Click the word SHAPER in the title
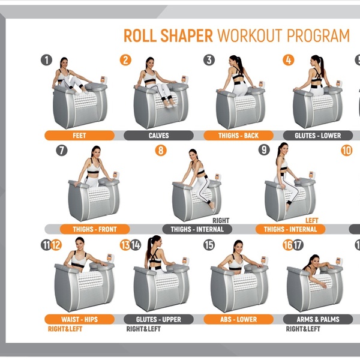tap(187, 35)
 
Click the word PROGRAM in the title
tap(318, 35)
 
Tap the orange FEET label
tap(79, 136)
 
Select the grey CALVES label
tap(158, 136)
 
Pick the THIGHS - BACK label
tap(239, 136)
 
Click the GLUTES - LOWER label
tap(318, 136)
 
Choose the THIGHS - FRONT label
tap(95, 229)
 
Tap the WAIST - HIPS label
tap(79, 319)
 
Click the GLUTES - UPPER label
tap(158, 319)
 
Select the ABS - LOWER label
tap(239, 319)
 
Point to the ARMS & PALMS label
tap(318, 319)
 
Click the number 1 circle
tap(47, 60)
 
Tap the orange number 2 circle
tap(125, 60)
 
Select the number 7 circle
tap(62, 151)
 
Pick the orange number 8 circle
tap(161, 151)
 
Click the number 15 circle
tap(209, 245)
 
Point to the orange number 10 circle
tap(346, 151)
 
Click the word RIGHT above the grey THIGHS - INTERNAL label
tap(221, 221)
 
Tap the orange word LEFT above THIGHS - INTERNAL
tap(311, 221)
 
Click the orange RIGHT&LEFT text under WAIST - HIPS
tap(65, 329)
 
